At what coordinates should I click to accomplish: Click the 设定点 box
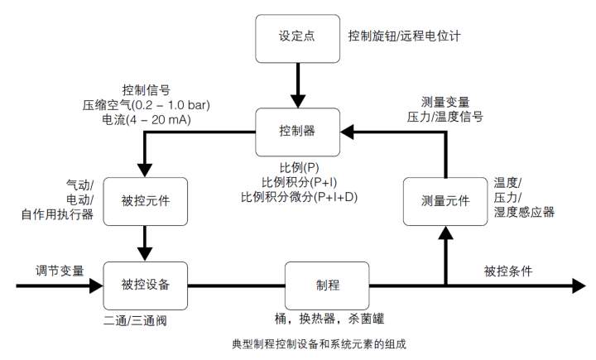(x=297, y=37)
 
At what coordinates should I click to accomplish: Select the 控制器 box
(x=297, y=130)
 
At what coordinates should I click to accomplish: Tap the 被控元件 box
(x=146, y=201)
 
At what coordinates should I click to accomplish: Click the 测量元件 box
(x=445, y=201)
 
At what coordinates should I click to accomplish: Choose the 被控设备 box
(x=146, y=286)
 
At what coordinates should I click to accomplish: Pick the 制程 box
(x=327, y=286)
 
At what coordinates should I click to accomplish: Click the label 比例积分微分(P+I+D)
(x=298, y=197)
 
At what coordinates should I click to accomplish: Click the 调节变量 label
(x=60, y=271)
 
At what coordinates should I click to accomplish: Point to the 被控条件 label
(x=508, y=271)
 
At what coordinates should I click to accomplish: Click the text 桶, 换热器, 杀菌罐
(x=328, y=318)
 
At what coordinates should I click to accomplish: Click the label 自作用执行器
(x=57, y=215)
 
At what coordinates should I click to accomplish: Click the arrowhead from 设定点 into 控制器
(x=297, y=100)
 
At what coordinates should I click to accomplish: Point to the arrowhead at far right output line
(x=578, y=286)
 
